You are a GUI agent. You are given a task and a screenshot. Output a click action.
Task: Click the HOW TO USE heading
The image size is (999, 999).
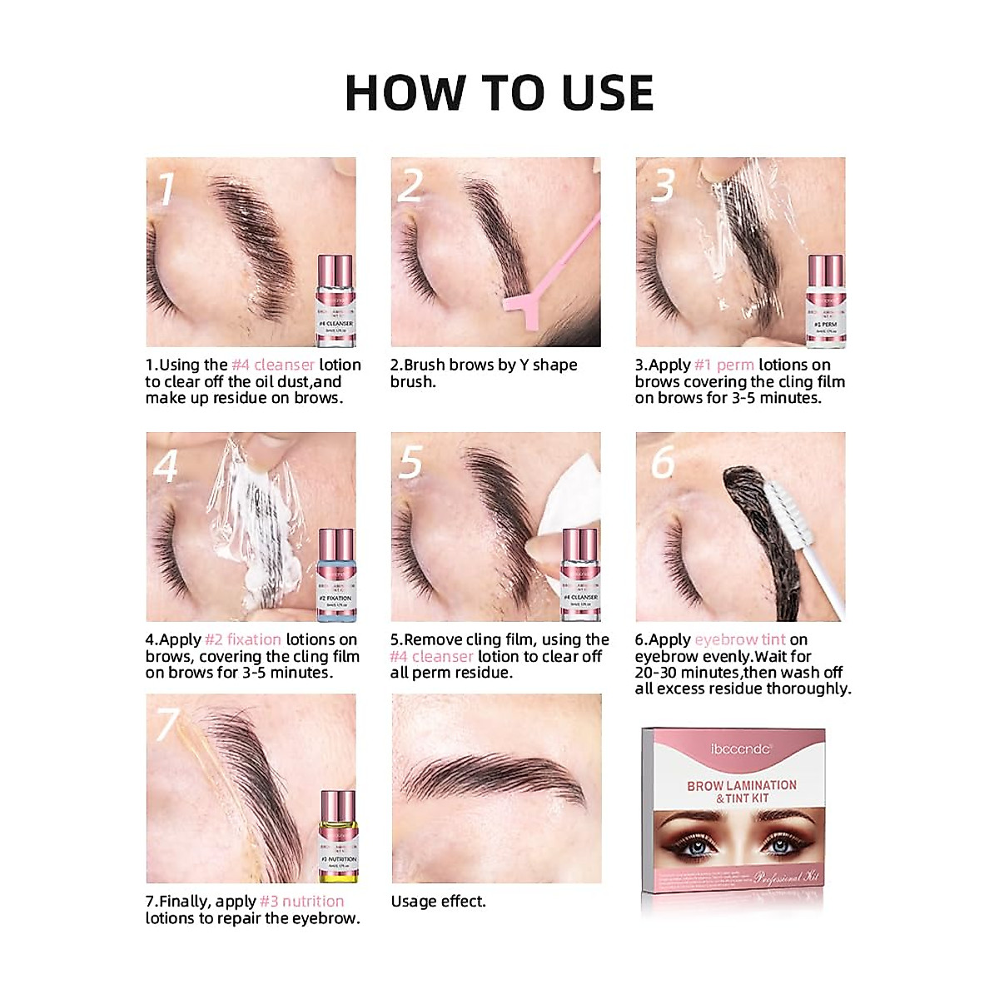point(499,92)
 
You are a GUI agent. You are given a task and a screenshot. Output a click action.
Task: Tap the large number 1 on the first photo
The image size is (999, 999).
point(166,189)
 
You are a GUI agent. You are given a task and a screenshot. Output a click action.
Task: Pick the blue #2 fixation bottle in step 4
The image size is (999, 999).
point(336,575)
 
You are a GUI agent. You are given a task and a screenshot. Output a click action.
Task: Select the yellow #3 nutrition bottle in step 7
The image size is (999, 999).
point(337,837)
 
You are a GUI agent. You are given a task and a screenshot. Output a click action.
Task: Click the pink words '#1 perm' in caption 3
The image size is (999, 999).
point(723,365)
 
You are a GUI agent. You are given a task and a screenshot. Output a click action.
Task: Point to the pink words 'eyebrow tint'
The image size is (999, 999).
point(739,639)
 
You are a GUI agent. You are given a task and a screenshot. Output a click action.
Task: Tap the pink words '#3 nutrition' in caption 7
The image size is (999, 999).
point(301,901)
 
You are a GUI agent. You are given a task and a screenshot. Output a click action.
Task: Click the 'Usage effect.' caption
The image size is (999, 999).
point(438,901)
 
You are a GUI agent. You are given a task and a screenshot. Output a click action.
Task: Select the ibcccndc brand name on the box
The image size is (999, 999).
point(741,749)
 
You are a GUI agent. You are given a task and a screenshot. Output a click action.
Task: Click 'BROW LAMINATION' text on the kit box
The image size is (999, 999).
point(741,785)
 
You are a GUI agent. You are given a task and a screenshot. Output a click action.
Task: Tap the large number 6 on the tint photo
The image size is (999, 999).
point(662,463)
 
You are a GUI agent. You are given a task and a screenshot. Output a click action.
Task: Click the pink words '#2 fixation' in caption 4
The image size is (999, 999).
point(242,639)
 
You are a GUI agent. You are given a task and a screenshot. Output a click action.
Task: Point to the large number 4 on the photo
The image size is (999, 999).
point(166,465)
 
